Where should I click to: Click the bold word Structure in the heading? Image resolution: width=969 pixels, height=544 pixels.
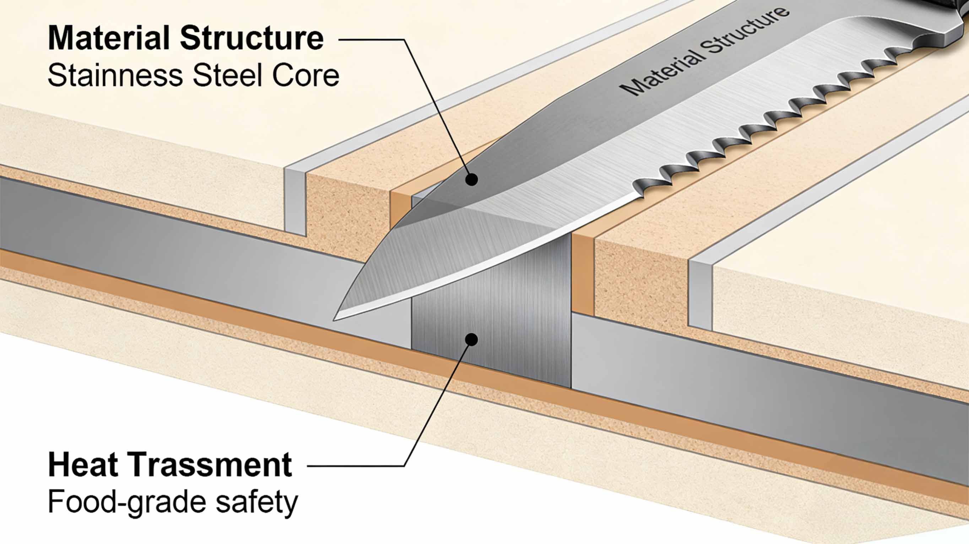tap(252, 38)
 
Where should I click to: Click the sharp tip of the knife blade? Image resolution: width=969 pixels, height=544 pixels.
tap(336, 320)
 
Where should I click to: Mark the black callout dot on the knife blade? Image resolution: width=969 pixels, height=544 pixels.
tap(471, 179)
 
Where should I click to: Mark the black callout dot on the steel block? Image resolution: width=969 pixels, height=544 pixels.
tap(471, 339)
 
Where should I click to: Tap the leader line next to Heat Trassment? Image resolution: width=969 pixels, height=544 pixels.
tap(357, 466)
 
